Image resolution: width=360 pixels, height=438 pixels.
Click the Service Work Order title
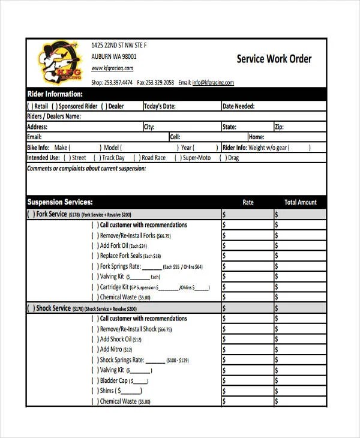[x=274, y=59]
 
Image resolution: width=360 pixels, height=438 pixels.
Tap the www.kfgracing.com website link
[x=112, y=68]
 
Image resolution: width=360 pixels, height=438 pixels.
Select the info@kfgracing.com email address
[x=213, y=83]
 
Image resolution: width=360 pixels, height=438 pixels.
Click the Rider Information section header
[x=55, y=94]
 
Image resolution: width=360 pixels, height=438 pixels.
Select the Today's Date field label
[x=160, y=106]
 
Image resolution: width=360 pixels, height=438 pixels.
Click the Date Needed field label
[x=238, y=106]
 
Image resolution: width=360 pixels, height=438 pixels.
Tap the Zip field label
[x=279, y=127]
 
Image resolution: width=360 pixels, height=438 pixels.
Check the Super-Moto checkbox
[x=178, y=158]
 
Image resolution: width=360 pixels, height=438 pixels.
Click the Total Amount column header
[x=300, y=202]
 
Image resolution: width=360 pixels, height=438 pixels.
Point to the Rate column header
[x=248, y=202]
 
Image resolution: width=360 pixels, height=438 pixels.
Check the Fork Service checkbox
[x=31, y=214]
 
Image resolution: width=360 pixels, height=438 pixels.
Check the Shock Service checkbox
[x=31, y=308]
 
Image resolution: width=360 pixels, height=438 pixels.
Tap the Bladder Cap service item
[x=114, y=380]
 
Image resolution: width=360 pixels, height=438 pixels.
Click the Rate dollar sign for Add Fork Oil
[x=224, y=245]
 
